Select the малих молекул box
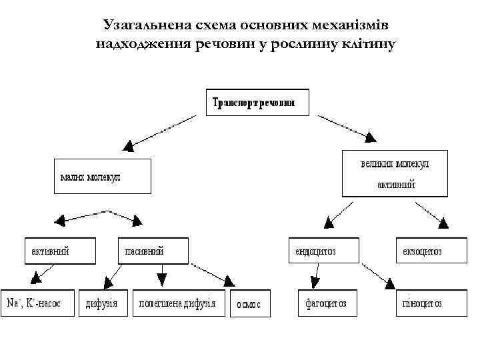coord(101,176)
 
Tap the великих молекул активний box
coord(395,173)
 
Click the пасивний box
coord(155,251)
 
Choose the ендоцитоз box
coord(323,251)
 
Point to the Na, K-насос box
coord(37,303)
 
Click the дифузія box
coord(103,303)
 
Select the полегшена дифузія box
coord(178,303)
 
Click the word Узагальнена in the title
coord(142,25)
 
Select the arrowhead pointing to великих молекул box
coord(369,137)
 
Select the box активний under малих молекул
coord(59,251)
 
